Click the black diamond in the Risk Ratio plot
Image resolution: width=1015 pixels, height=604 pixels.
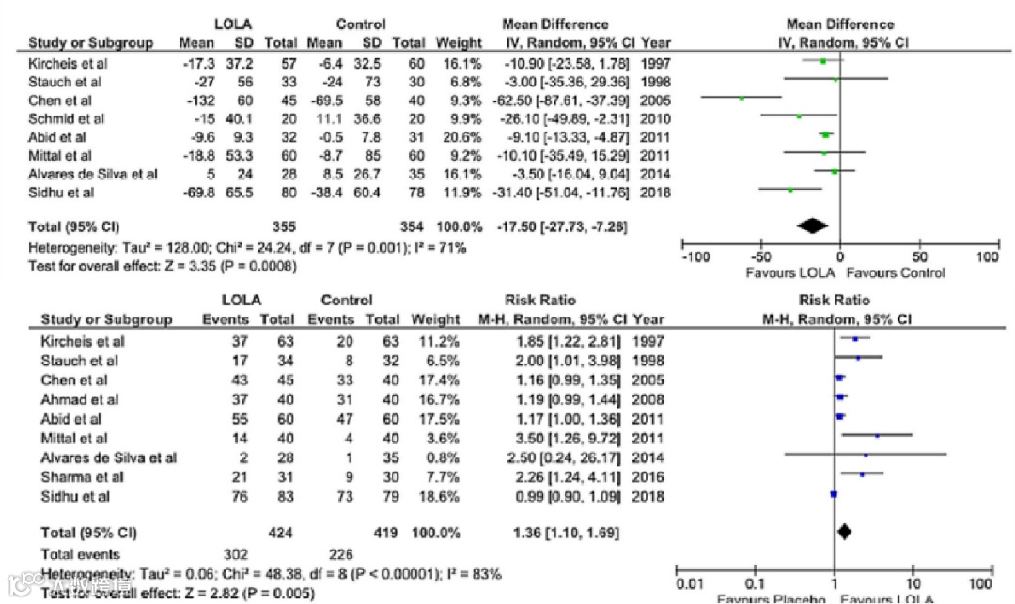(844, 533)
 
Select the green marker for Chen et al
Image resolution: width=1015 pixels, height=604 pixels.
(742, 97)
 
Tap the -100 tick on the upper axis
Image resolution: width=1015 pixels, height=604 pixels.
(695, 256)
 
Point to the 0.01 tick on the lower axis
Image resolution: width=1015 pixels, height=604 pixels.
(689, 582)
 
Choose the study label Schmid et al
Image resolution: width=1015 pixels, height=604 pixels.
(67, 117)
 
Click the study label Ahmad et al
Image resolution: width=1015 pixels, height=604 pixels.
(66, 398)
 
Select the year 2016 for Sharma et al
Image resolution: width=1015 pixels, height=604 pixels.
(649, 475)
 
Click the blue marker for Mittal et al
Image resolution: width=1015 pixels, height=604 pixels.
(877, 435)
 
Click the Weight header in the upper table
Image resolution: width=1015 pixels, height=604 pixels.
(459, 42)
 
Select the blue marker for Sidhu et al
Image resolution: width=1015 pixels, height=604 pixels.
(834, 494)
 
